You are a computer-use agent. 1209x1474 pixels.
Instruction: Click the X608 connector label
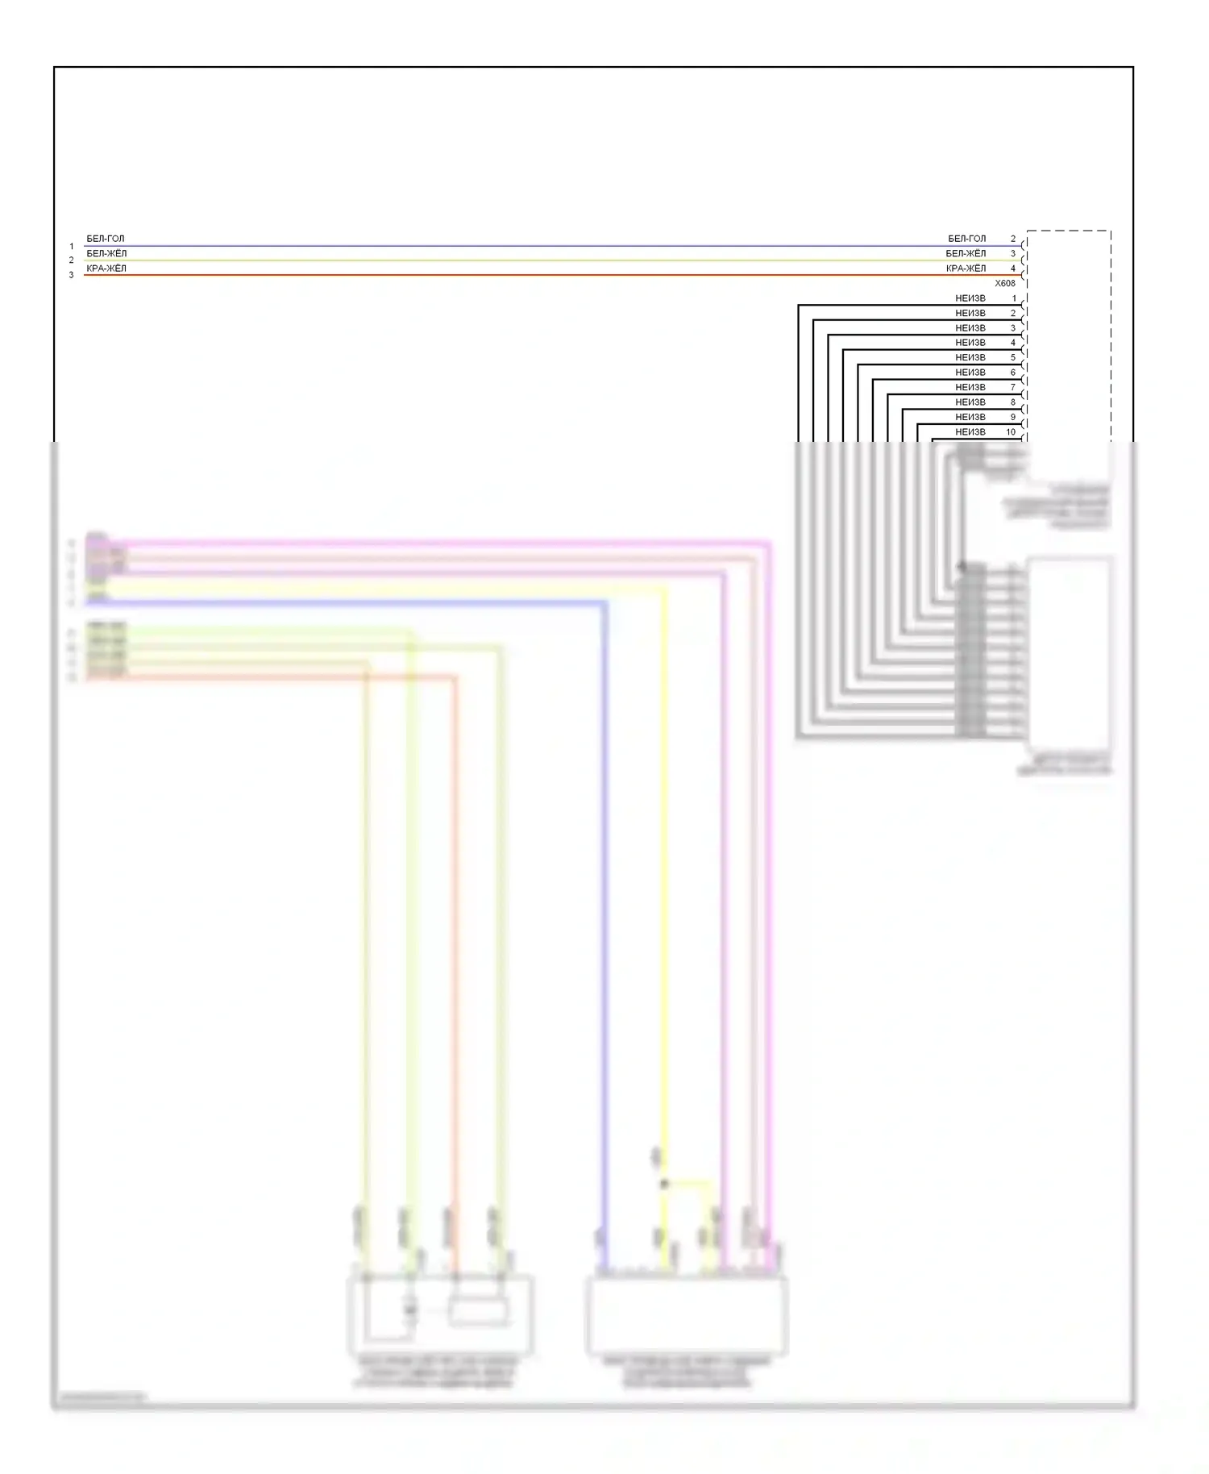(1004, 283)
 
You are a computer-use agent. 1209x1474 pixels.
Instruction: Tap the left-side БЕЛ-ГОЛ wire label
(106, 239)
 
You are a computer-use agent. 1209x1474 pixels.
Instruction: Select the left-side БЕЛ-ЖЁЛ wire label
(106, 253)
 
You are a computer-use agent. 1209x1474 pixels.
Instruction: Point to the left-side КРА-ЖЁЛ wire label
(106, 269)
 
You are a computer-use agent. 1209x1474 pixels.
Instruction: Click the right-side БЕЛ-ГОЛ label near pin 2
(966, 239)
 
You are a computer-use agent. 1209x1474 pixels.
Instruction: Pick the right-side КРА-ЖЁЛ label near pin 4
(966, 269)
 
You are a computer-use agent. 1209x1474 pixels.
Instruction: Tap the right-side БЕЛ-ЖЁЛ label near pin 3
(966, 253)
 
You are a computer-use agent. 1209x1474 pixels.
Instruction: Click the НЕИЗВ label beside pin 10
(970, 432)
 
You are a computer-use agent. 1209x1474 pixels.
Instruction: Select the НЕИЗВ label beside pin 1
(970, 298)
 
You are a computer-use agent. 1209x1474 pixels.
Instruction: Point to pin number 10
(1011, 432)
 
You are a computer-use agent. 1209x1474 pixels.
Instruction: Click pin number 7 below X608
(1013, 387)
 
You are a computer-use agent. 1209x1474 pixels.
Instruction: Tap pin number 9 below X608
(1013, 417)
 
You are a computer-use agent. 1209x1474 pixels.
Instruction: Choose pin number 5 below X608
(1013, 357)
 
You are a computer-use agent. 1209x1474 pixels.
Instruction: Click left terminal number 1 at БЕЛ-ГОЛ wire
(72, 246)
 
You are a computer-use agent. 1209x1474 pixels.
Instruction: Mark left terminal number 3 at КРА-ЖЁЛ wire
(72, 275)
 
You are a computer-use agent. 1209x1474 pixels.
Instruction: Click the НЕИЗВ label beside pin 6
(970, 373)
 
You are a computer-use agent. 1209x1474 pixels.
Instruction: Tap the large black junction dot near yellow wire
(664, 1184)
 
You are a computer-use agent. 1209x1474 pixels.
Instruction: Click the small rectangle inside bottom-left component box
(479, 1311)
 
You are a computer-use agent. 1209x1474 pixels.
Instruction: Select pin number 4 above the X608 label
(1013, 269)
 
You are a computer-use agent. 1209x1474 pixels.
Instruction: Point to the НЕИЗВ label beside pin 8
(970, 402)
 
